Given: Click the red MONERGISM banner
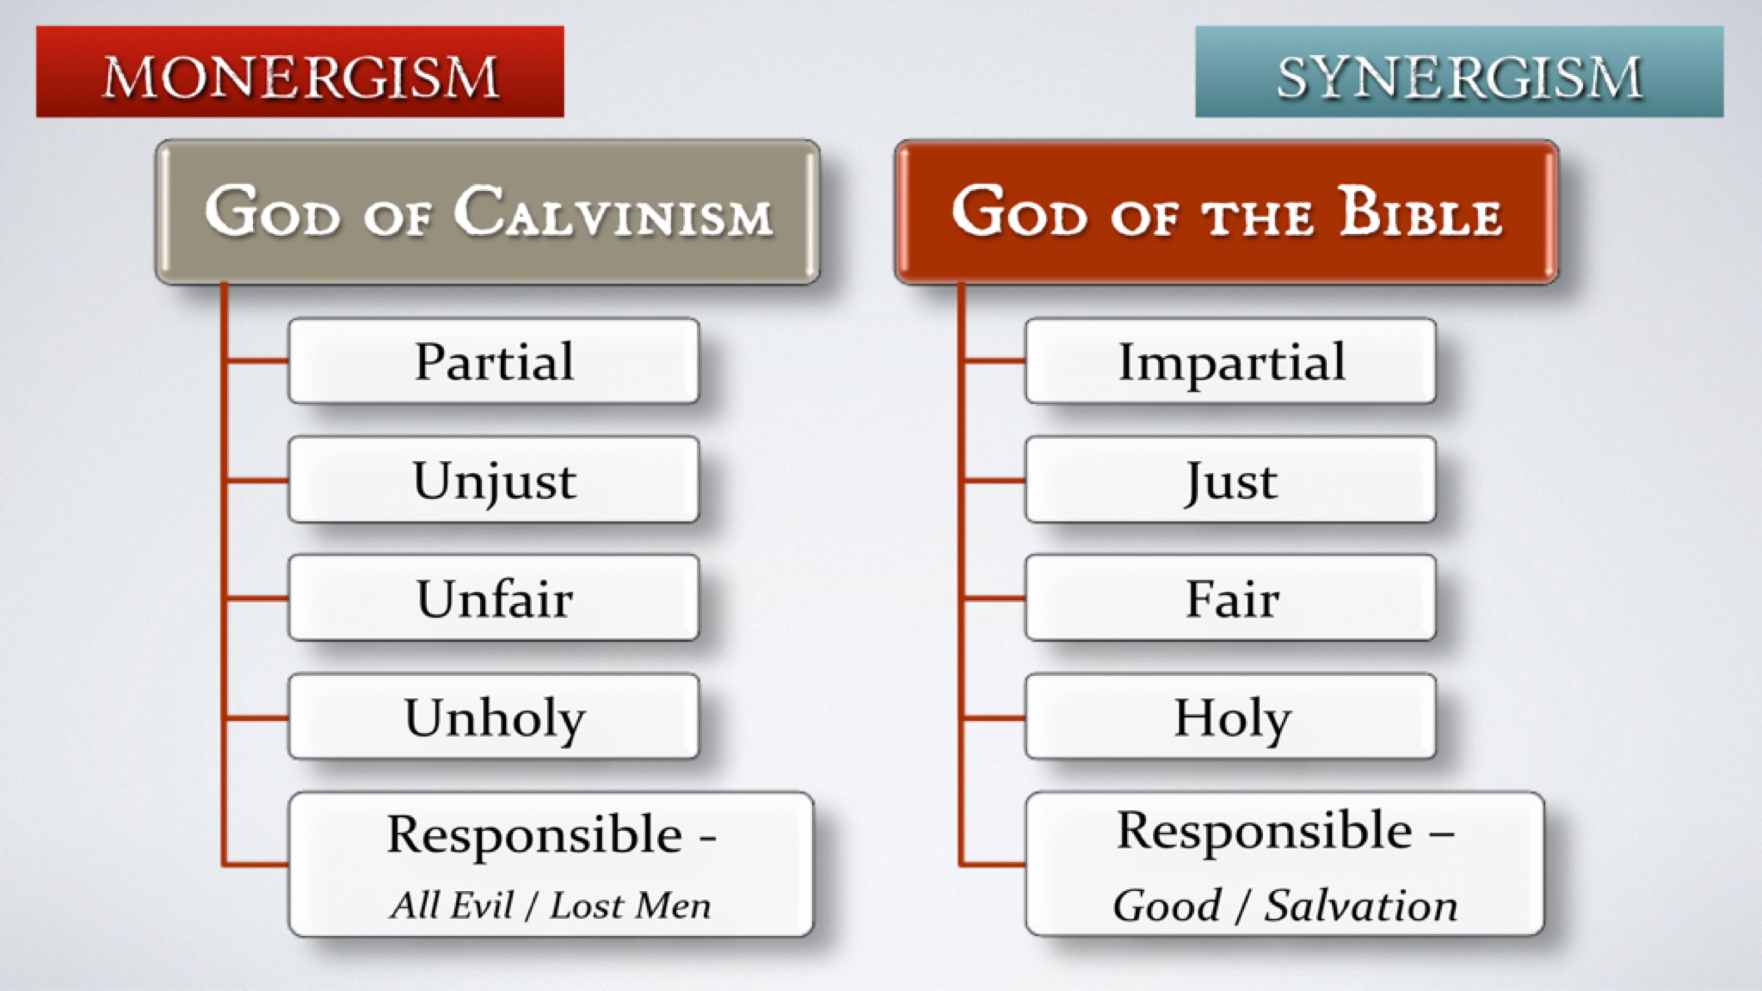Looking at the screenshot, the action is pyautogui.click(x=300, y=72).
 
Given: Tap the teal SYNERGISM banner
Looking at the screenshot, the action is pyautogui.click(x=1459, y=72).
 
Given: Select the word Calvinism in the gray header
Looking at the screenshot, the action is pyautogui.click(x=613, y=212).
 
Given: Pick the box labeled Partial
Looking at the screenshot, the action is pyautogui.click(x=494, y=361).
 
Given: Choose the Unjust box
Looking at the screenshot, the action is pyautogui.click(x=494, y=480).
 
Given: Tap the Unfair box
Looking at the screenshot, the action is pyautogui.click(x=494, y=598).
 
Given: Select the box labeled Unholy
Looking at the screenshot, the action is pyautogui.click(x=494, y=717).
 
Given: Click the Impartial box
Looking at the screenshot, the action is pyautogui.click(x=1230, y=361).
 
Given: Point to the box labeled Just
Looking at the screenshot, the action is pyautogui.click(x=1230, y=480).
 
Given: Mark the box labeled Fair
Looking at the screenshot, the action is pyautogui.click(x=1230, y=598).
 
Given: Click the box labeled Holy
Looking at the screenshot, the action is pyautogui.click(x=1230, y=717).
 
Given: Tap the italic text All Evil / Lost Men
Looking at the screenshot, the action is pyautogui.click(x=551, y=905).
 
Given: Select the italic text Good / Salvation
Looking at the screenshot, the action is pyautogui.click(x=1286, y=905).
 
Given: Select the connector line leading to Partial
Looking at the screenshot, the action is pyautogui.click(x=257, y=361).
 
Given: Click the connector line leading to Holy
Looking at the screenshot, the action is pyautogui.click(x=994, y=718).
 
